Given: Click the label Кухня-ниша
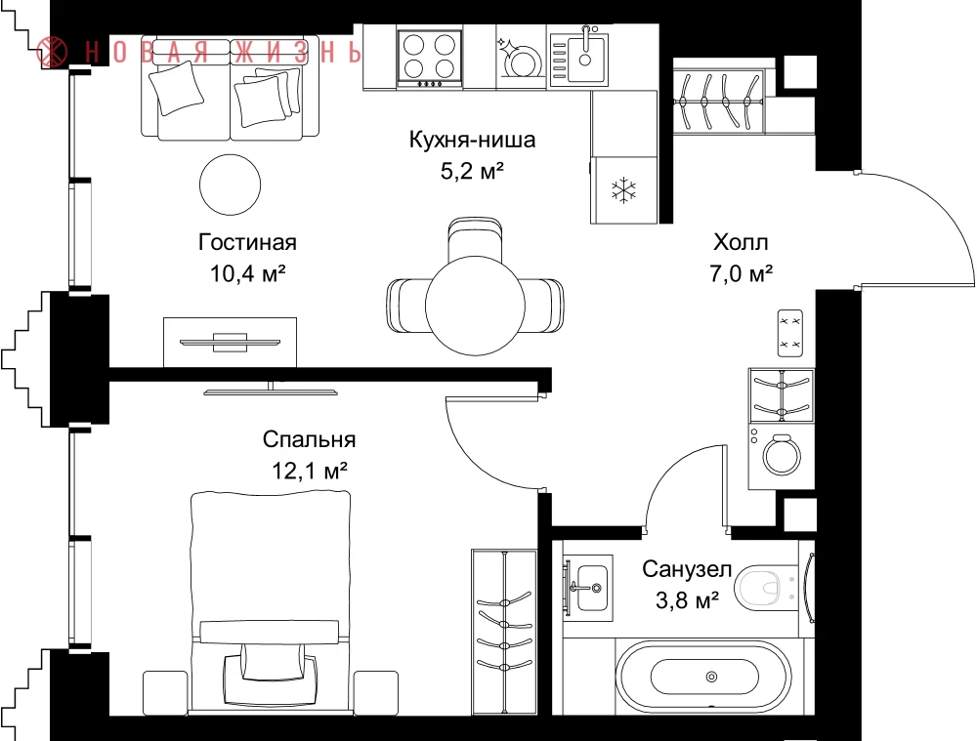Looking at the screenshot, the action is (472, 140).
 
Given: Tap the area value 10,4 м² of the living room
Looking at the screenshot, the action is (247, 272).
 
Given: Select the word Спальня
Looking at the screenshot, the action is (309, 439).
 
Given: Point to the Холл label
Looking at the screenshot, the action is (741, 241).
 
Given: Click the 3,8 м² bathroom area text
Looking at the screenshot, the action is (687, 599).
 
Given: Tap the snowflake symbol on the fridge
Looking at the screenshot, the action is (623, 190).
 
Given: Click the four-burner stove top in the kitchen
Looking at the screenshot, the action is (429, 59).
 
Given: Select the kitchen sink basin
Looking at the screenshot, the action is (584, 60).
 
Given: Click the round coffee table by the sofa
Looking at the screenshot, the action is (230, 185).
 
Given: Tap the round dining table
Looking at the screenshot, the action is (475, 306).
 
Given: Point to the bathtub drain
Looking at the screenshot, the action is (711, 677).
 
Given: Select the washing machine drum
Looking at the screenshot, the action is (782, 455).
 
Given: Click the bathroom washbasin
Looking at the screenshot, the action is (589, 588).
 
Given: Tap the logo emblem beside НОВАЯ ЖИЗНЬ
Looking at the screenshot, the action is (52, 52).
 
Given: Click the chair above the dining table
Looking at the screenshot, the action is (475, 240).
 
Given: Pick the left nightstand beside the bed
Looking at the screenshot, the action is (165, 693).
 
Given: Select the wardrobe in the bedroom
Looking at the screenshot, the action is (503, 632).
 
